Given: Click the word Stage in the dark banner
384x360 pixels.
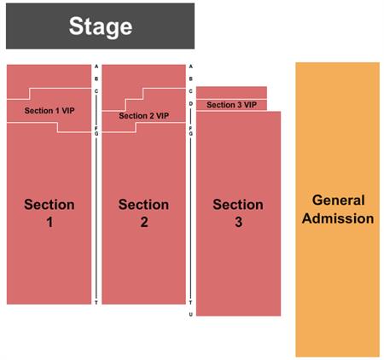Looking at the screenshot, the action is point(101,27).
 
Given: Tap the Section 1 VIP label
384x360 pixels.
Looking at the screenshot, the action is point(49,111).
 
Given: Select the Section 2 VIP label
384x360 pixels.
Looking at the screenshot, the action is point(144,116).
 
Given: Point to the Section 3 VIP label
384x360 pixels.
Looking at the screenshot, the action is point(231,105).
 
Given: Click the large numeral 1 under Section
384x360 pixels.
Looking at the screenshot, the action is point(49,222).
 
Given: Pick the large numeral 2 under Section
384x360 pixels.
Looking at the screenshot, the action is point(144,222).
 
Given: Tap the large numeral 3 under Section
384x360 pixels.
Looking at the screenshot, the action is point(239,222).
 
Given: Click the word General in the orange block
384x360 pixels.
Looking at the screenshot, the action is point(338,200).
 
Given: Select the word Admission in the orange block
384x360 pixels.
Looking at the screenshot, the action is point(338,218).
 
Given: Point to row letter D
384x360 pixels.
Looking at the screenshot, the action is point(191,104).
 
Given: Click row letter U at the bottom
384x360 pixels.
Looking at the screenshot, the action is point(191,315).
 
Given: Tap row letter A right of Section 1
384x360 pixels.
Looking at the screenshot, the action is point(96,67).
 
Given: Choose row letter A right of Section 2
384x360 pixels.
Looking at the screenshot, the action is point(191,67).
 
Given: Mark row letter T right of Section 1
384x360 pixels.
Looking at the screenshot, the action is point(96,303).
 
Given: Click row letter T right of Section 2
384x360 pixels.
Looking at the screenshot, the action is point(191,303).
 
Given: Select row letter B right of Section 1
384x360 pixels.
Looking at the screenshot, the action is point(96,78).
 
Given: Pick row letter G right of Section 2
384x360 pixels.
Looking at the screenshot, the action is point(191,134).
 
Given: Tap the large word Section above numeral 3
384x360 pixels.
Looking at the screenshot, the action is point(238,205).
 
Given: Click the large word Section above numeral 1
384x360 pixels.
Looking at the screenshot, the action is point(49,205).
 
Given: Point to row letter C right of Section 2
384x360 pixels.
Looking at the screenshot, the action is point(191,91).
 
